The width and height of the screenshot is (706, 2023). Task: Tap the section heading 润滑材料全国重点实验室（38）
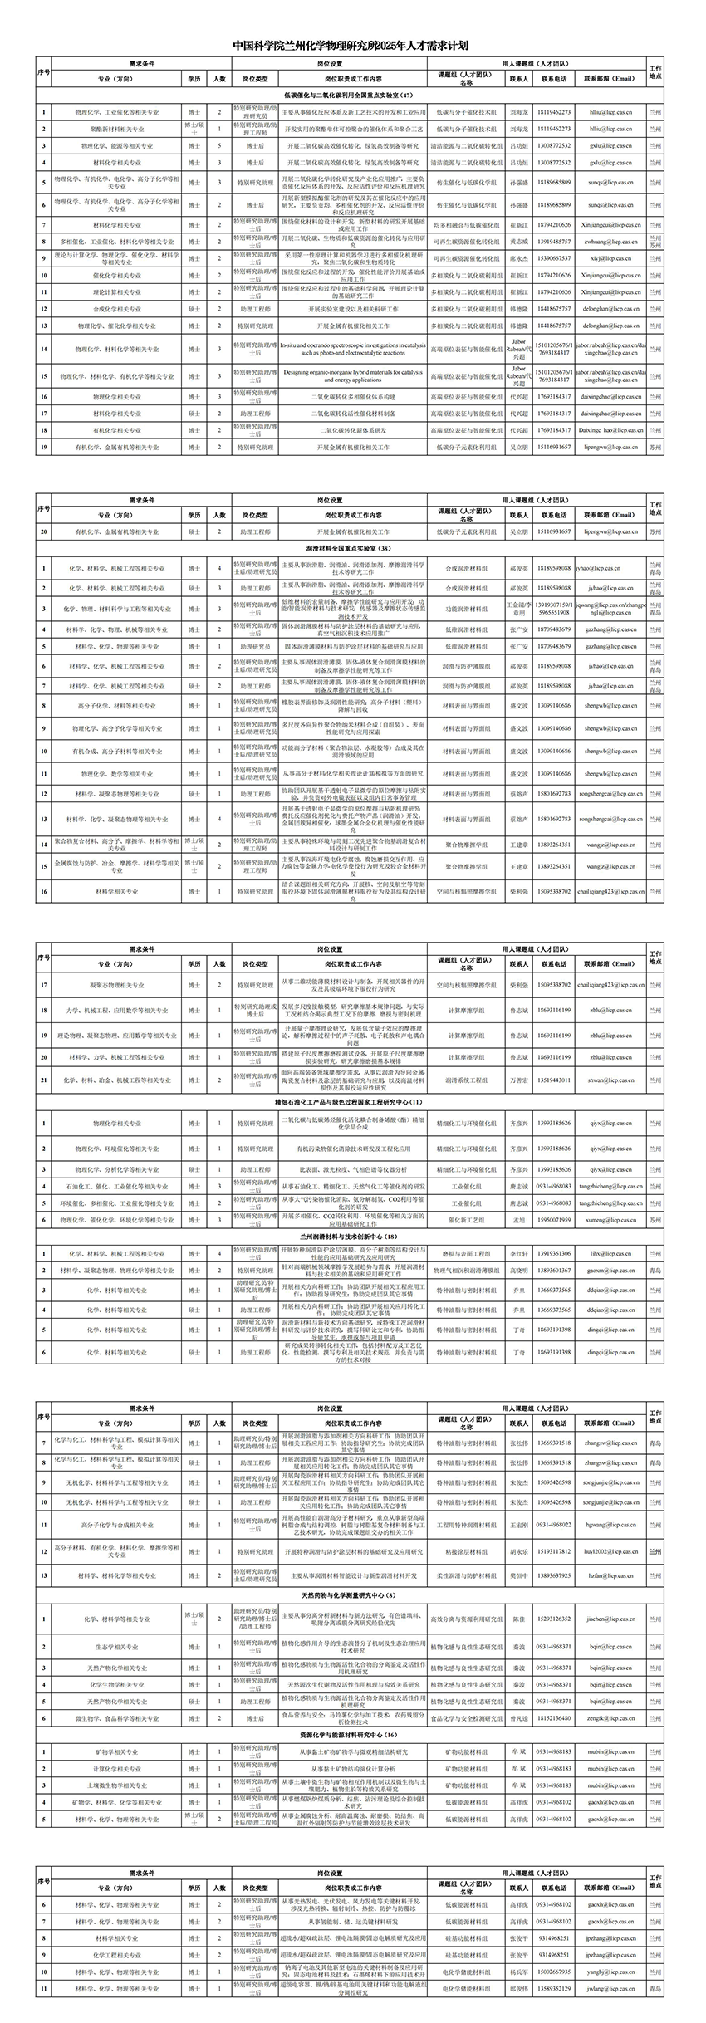(x=353, y=549)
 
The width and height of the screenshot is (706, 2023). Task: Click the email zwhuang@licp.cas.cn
(x=608, y=242)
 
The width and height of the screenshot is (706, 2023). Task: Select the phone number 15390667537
(x=554, y=258)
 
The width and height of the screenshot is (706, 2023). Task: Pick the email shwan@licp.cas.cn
(x=608, y=1080)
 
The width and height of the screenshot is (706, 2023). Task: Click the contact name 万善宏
(x=519, y=1080)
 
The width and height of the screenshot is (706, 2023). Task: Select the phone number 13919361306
(x=554, y=1253)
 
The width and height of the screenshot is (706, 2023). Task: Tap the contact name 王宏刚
(x=519, y=1525)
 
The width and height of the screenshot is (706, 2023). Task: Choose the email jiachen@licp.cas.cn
(x=608, y=1619)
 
